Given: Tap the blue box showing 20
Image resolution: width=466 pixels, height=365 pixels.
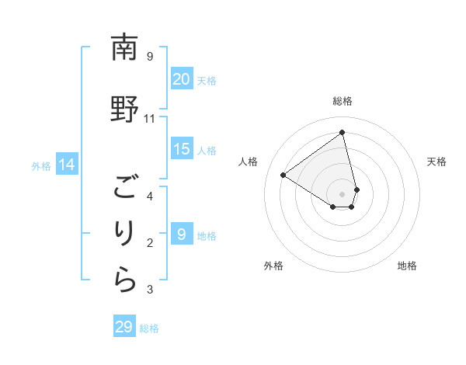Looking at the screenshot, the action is pyautogui.click(x=182, y=79).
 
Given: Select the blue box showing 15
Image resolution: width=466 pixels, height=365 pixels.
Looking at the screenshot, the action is pyautogui.click(x=182, y=149).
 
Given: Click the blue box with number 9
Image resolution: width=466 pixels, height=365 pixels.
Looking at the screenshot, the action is pyautogui.click(x=182, y=235).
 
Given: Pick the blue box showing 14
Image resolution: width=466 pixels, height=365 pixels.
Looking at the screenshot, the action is pyautogui.click(x=67, y=165).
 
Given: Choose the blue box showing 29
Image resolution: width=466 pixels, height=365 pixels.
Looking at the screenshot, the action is pyautogui.click(x=124, y=327).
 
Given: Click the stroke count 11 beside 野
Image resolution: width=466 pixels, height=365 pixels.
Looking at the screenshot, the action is pyautogui.click(x=150, y=118).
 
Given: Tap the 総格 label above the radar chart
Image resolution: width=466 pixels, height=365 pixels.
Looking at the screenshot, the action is pyautogui.click(x=343, y=101).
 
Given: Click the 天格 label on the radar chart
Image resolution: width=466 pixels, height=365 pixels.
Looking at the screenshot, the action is pyautogui.click(x=436, y=162).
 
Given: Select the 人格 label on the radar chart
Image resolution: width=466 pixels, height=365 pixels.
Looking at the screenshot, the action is pyautogui.click(x=249, y=162).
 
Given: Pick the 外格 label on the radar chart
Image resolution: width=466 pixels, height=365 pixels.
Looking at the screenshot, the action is pyautogui.click(x=273, y=266).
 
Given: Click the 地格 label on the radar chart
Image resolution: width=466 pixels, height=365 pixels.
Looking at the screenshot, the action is pyautogui.click(x=407, y=266).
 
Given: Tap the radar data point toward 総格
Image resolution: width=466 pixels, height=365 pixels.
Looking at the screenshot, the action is pyautogui.click(x=343, y=132).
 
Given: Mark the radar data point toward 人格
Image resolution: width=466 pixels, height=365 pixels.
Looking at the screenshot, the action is pyautogui.click(x=283, y=176).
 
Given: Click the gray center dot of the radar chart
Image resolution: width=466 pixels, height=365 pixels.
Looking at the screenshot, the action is pyautogui.click(x=343, y=193).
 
